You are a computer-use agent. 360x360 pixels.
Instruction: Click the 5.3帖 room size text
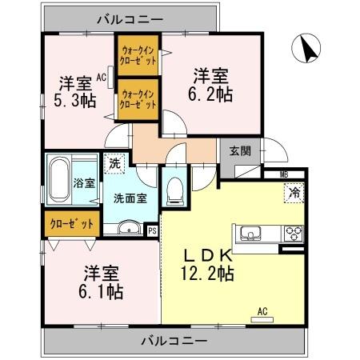[x=73, y=100]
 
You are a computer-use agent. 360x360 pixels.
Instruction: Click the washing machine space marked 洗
[x=115, y=160]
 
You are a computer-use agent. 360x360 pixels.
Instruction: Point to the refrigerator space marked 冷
[x=294, y=192]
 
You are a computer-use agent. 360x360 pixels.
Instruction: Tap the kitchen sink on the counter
[x=249, y=234]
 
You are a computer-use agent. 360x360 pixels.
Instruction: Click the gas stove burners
[x=293, y=234]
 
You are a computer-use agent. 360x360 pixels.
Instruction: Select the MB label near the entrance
[x=284, y=174]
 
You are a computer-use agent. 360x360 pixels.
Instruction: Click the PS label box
[x=153, y=231]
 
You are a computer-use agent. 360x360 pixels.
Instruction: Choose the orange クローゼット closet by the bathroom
[x=73, y=223]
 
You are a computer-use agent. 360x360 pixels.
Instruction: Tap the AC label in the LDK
[x=262, y=312]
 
